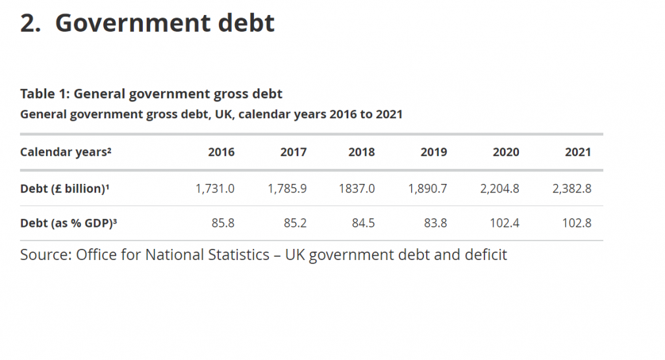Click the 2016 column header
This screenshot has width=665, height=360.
click(x=221, y=153)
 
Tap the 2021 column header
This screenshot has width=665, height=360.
click(x=578, y=153)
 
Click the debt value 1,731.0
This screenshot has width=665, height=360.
click(x=214, y=189)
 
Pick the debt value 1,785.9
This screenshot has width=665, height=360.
click(x=287, y=189)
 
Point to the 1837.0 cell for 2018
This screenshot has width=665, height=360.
click(x=357, y=189)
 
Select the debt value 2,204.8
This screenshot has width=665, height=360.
click(x=500, y=189)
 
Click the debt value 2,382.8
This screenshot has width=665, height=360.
click(x=572, y=189)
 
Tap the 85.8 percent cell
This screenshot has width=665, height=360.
click(x=223, y=224)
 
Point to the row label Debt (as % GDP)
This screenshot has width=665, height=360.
click(x=68, y=224)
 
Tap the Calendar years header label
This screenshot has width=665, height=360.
click(x=66, y=153)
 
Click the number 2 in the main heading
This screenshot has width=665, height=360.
click(x=28, y=23)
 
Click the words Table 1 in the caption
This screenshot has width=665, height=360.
click(x=43, y=94)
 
